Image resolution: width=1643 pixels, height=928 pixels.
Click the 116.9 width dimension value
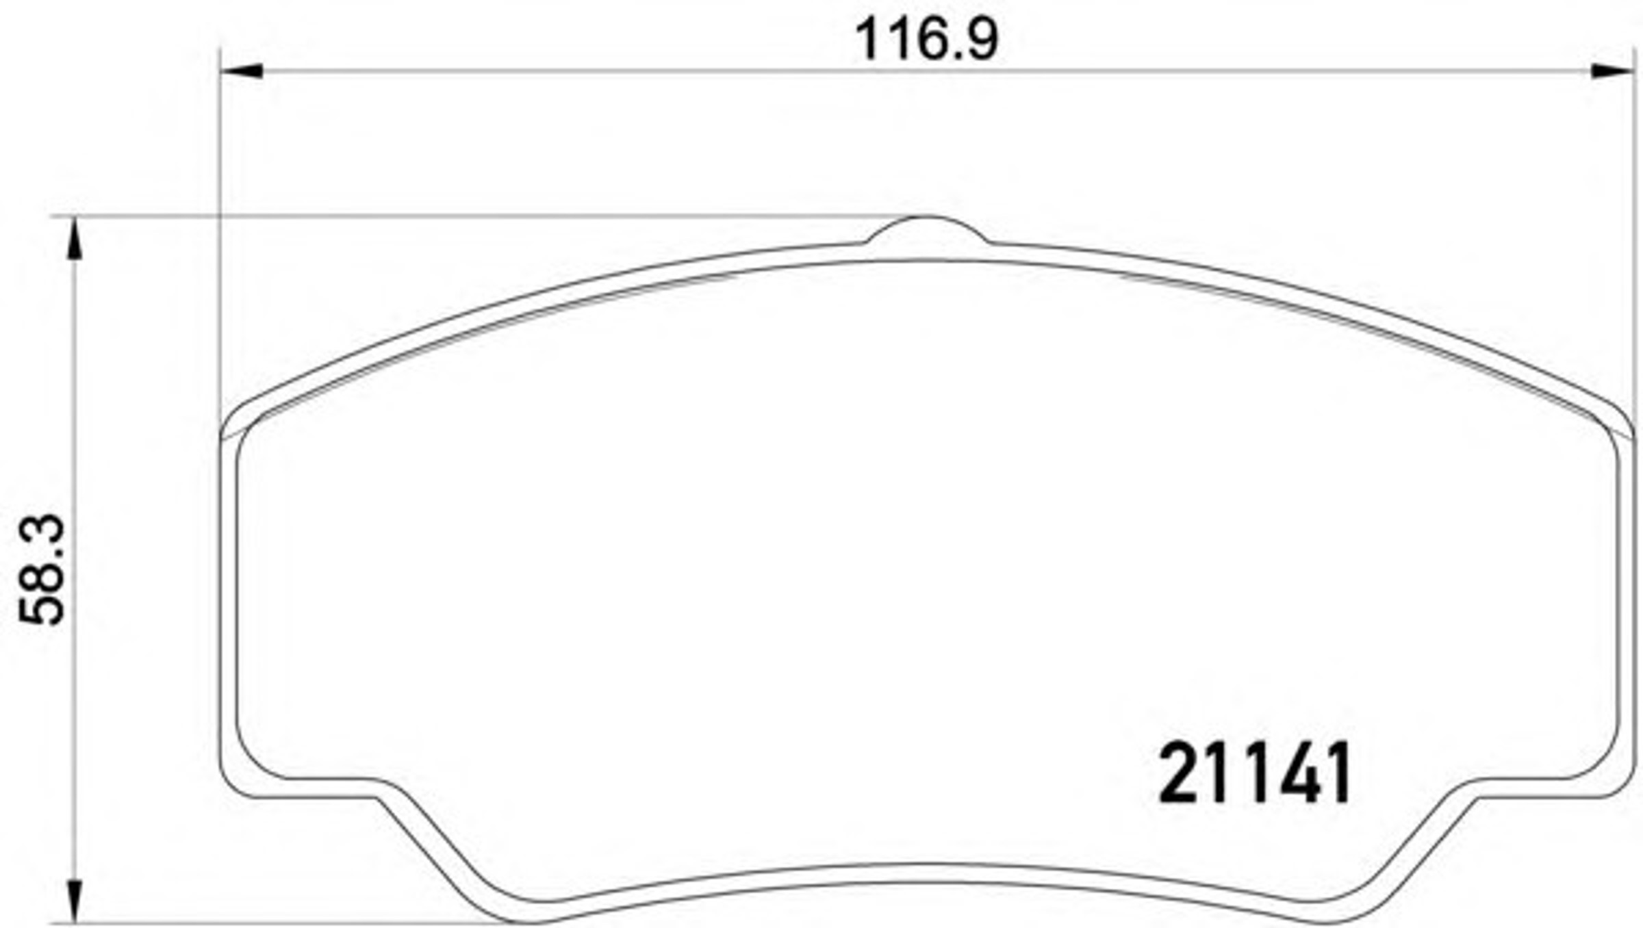(x=927, y=40)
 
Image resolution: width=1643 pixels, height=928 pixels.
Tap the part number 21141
(x=1254, y=773)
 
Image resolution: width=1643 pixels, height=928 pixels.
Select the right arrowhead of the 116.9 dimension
(x=1612, y=70)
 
